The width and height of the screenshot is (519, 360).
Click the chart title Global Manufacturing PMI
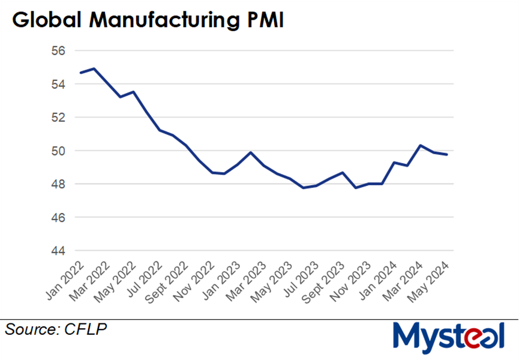tap(148, 20)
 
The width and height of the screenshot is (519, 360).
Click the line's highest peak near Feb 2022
tap(94, 68)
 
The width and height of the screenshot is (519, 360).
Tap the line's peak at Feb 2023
tap(250, 152)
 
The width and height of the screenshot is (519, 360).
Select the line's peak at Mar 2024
tap(421, 146)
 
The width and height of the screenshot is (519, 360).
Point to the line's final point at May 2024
tap(447, 155)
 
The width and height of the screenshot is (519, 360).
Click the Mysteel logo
tap(448, 337)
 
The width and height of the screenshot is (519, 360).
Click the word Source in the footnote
tap(31, 329)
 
